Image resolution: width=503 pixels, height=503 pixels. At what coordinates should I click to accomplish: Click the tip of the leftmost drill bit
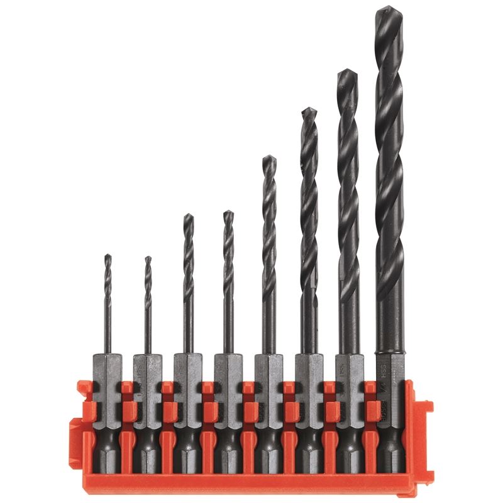pos(108,255)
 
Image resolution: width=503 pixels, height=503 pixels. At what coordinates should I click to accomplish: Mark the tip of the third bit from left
pos(188,215)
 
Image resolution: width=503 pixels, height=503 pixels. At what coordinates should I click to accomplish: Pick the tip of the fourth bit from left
pos(228,213)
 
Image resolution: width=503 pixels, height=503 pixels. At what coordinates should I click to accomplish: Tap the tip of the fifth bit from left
pos(268,157)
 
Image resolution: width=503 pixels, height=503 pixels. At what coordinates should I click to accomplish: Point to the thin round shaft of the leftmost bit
pos(108,327)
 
